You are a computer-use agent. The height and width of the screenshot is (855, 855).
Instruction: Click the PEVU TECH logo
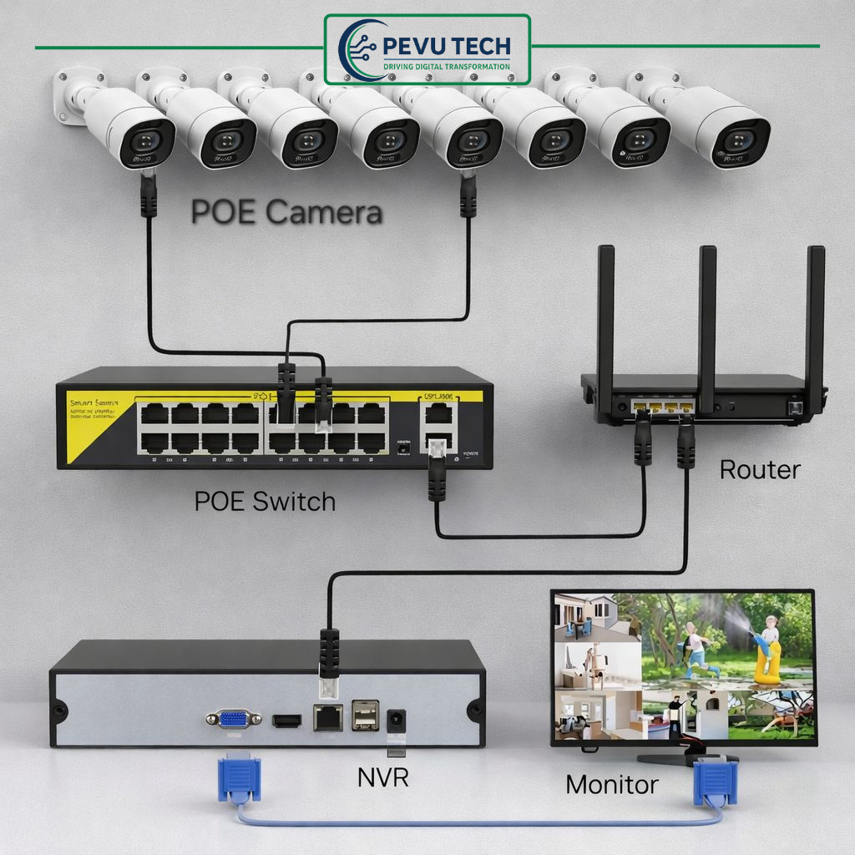tap(427, 49)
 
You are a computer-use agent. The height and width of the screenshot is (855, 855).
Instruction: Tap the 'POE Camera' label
tap(286, 212)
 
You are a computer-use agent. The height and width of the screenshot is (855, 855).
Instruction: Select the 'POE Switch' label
tap(265, 501)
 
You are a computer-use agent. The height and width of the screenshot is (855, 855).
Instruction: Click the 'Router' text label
tap(759, 469)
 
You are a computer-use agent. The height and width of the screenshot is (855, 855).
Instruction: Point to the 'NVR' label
tap(382, 777)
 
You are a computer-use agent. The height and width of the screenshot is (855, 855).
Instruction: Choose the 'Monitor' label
tap(611, 784)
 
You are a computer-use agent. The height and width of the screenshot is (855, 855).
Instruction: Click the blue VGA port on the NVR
tap(234, 718)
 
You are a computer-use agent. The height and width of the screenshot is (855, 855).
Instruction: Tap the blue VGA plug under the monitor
tap(715, 782)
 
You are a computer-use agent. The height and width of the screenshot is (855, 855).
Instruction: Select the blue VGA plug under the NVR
tap(240, 778)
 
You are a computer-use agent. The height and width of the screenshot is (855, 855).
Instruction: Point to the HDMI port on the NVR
tap(286, 719)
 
